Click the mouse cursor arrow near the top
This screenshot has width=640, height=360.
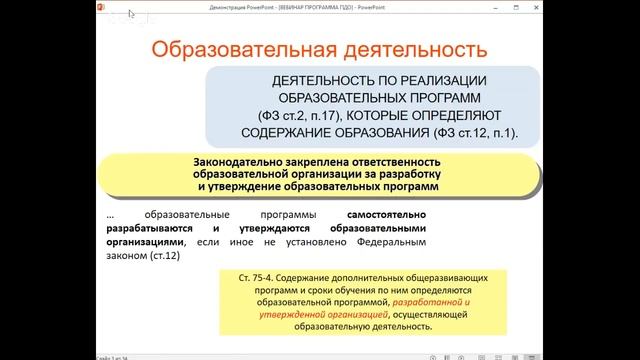click(x=130, y=15)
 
